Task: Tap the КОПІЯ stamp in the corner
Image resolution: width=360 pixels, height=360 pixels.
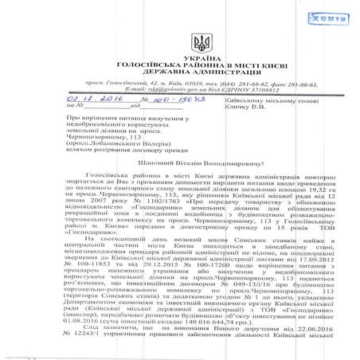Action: tap(335, 16)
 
